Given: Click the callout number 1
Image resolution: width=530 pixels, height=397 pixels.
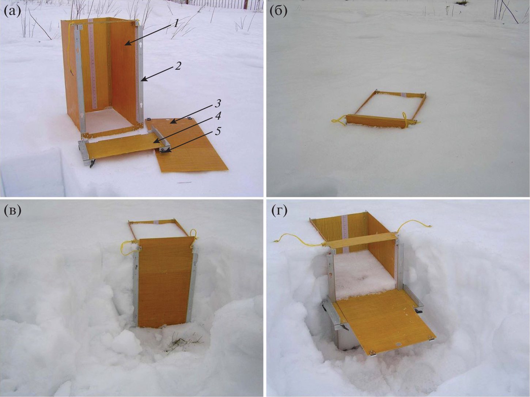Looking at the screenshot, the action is click(176, 23).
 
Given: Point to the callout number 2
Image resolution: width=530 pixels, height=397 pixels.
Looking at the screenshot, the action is click(178, 66).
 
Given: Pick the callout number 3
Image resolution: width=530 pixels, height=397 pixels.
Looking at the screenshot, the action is click(217, 104).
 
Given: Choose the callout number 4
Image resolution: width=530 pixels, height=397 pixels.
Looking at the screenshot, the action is click(217, 116).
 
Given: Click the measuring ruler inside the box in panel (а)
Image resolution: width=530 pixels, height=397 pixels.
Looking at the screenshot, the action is click(93, 64).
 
